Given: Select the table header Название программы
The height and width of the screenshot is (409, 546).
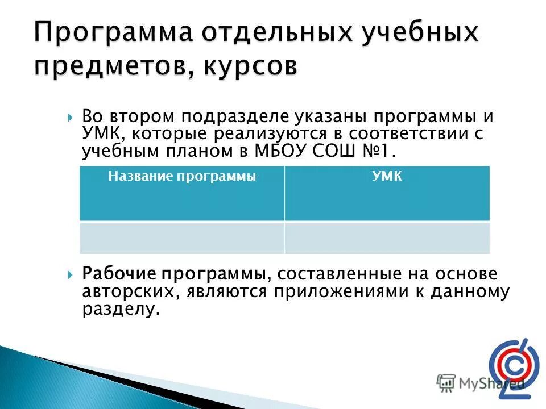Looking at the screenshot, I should pyautogui.click(x=182, y=177).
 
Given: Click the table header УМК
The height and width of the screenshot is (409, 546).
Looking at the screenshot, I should pyautogui.click(x=387, y=177).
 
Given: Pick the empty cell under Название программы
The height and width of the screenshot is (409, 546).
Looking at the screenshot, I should pyautogui.click(x=182, y=237).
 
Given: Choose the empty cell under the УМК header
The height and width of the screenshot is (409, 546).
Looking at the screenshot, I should pyautogui.click(x=387, y=237).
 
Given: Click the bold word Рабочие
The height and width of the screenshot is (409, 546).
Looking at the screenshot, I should pyautogui.click(x=118, y=274).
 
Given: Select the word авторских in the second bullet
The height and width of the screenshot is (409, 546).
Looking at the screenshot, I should pyautogui.click(x=120, y=292).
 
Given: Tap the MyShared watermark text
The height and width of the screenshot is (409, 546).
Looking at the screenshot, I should pyautogui.click(x=481, y=383).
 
